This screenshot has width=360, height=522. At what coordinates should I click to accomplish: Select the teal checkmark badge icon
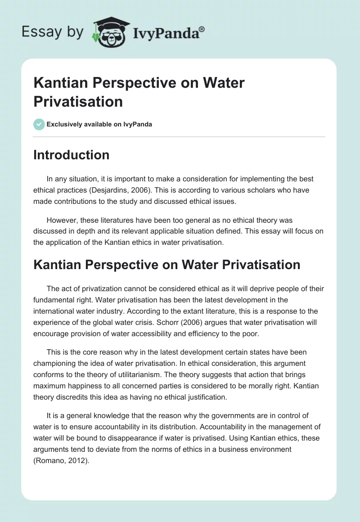39,124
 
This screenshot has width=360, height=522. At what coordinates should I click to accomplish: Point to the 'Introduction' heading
72,155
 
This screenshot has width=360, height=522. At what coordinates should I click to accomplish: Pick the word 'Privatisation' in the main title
78,101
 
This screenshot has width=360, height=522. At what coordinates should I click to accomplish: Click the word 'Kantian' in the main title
58,83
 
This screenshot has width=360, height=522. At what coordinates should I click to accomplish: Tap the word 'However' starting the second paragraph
62,220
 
